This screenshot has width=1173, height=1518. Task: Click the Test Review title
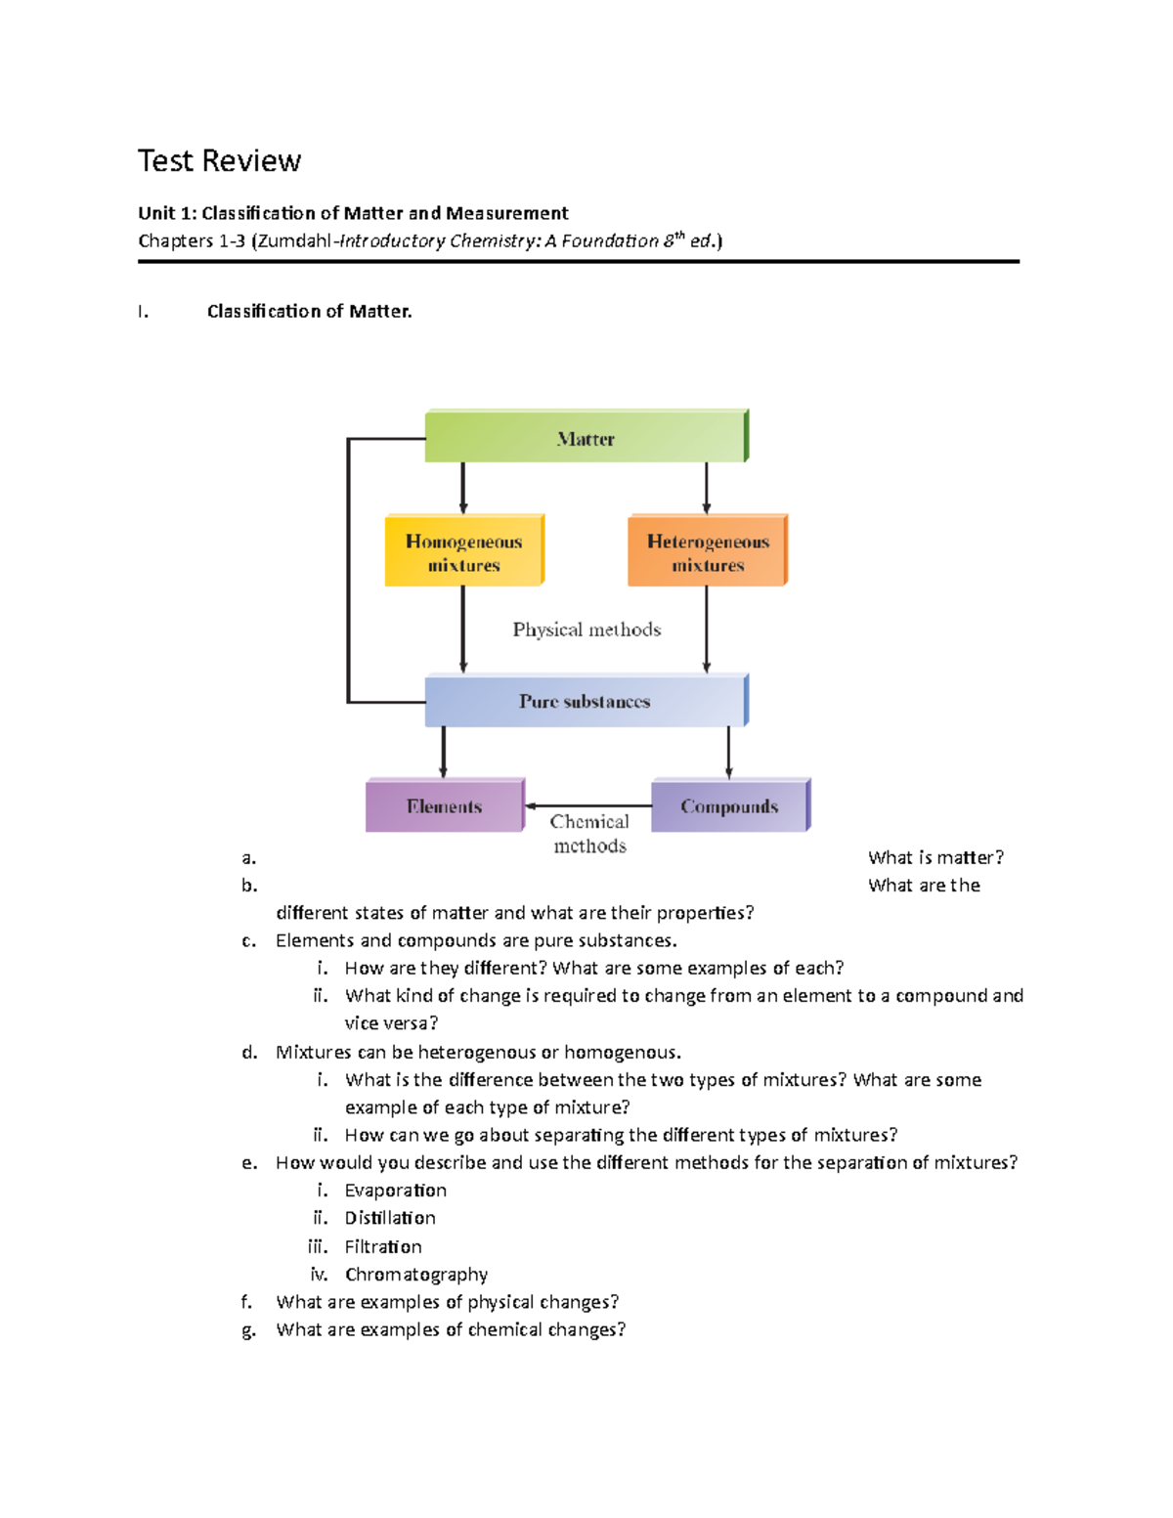[219, 160]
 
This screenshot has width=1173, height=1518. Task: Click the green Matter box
[586, 437]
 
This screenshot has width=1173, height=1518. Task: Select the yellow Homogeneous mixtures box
[463, 551]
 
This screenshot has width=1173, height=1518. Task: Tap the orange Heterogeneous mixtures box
[707, 551]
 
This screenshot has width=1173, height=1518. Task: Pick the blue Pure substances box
[586, 701]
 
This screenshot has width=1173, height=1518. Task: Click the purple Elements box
[445, 806]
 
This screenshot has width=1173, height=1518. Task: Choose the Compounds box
[729, 806]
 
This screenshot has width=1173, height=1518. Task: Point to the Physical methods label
[586, 629]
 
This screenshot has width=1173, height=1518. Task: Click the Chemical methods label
[589, 834]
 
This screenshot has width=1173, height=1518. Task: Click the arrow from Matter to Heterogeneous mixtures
[707, 488]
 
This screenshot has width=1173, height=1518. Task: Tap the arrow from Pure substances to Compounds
[728, 753]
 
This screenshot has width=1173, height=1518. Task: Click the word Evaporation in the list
[395, 1191]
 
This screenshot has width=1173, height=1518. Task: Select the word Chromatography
[415, 1275]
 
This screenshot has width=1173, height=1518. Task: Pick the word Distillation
[390, 1218]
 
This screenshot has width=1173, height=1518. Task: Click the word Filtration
[383, 1247]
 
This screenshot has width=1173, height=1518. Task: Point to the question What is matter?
[934, 858]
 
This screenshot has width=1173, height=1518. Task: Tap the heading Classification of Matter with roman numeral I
[309, 312]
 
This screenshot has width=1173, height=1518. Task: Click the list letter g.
[248, 1330]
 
